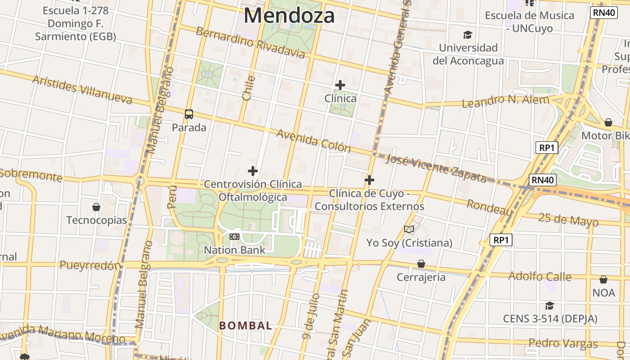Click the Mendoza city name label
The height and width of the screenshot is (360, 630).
point(289,16)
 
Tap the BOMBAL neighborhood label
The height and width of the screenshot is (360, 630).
point(246,325)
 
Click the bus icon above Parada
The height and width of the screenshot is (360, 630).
point(189,114)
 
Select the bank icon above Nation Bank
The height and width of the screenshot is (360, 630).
point(234,237)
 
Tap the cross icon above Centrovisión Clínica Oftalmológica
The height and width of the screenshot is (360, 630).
point(253,171)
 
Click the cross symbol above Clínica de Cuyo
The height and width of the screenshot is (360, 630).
point(369,180)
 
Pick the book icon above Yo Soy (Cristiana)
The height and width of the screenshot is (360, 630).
point(409,229)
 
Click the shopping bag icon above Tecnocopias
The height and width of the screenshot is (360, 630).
point(96,207)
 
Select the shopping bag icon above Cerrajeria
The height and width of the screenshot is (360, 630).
point(421,264)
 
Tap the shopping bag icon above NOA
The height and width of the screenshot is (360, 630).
point(603,279)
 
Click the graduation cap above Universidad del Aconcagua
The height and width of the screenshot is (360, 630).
point(468,35)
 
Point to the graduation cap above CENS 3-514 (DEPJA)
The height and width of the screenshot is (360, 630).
point(549,306)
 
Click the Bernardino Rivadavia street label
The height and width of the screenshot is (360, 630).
point(250,43)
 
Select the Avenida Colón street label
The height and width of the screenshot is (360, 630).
point(313,140)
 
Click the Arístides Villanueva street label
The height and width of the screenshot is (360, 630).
point(82,90)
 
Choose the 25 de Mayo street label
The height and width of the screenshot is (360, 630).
point(568,220)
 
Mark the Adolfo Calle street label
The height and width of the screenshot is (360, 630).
point(540,276)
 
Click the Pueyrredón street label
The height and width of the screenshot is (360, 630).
point(90,265)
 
